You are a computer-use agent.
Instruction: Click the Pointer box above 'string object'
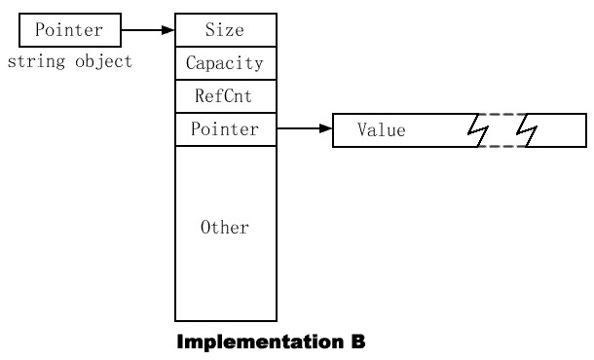(x=69, y=30)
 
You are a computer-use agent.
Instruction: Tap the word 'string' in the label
(x=30, y=62)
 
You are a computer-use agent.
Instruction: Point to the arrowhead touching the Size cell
(x=168, y=30)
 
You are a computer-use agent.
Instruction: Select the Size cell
(x=225, y=30)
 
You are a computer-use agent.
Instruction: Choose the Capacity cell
(x=225, y=63)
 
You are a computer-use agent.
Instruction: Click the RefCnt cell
(x=225, y=96)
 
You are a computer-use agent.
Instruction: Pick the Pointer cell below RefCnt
(x=225, y=129)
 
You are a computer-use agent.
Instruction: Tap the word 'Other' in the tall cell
(x=225, y=228)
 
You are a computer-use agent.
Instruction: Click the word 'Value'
(x=381, y=130)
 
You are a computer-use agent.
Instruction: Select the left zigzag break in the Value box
(x=478, y=130)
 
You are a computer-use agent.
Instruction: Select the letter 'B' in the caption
(x=357, y=342)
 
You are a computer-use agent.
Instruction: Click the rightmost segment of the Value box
(x=560, y=130)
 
